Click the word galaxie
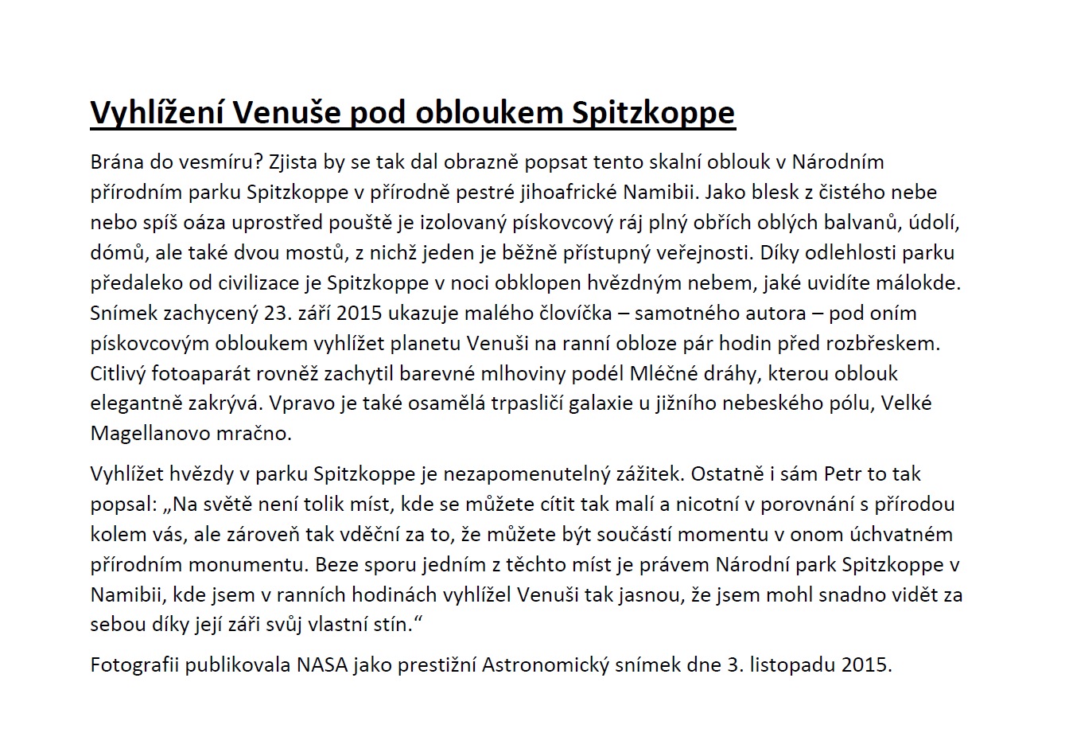pyautogui.click(x=599, y=404)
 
